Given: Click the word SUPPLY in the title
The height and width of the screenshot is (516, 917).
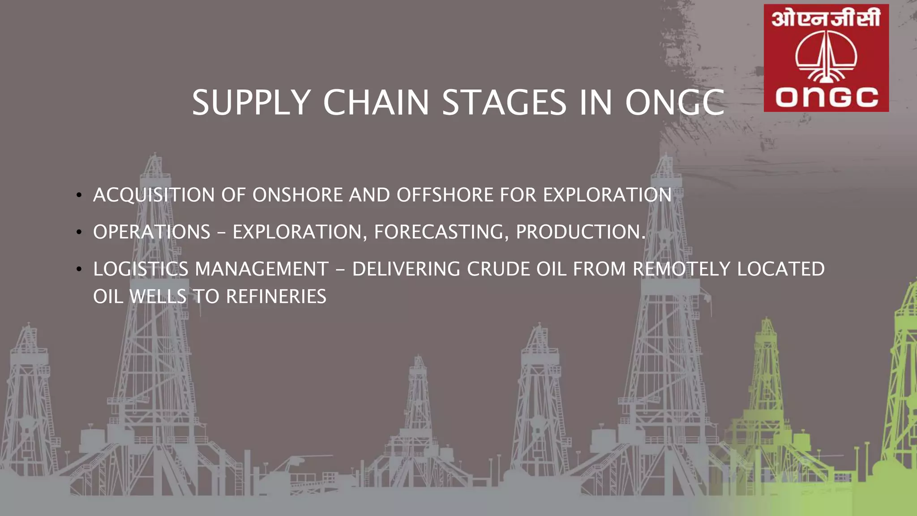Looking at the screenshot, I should coord(251,103).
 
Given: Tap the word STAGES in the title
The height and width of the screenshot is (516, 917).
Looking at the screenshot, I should coord(504,103).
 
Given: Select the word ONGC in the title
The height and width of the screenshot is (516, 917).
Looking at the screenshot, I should coord(674,103).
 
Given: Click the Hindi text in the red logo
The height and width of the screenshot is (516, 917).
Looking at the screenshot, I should coord(826,18).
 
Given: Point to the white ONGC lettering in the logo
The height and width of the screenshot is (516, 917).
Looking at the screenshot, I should coord(827,97).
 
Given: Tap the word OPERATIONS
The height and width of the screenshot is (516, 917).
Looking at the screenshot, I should coord(151,232).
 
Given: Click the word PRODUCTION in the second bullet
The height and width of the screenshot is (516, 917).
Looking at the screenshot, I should coord(580,232).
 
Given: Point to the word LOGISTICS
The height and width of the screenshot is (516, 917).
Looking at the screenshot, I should coord(141,269).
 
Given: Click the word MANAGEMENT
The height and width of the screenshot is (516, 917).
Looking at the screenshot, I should coord(262,269).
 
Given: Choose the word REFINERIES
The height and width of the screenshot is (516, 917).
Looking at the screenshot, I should coord(276,297).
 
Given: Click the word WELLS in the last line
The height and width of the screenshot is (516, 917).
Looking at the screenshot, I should coord(158,297).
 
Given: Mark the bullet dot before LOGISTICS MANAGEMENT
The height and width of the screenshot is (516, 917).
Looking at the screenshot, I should coord(79,269).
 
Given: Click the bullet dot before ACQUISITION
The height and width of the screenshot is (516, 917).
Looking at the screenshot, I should coord(79,195).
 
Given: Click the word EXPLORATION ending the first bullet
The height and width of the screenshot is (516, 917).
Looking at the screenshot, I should coord(607,195).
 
